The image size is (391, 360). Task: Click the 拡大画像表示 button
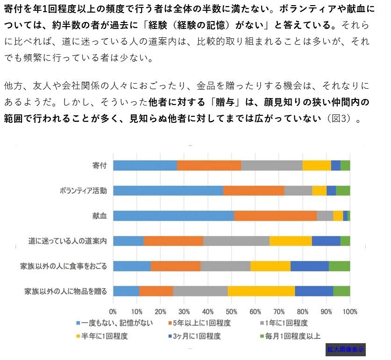pyautogui.click(x=345, y=349)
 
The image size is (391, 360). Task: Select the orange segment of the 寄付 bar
pyautogui.click(x=209, y=165)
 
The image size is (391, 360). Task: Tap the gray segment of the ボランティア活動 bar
pyautogui.click(x=298, y=191)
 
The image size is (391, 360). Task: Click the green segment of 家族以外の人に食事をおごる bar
pyautogui.click(x=339, y=266)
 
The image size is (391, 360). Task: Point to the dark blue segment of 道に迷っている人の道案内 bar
pyautogui.click(x=326, y=241)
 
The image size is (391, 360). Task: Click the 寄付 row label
pyautogui.click(x=100, y=165)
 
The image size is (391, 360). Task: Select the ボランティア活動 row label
pyautogui.click(x=83, y=191)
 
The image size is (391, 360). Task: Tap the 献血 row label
pyautogui.click(x=100, y=216)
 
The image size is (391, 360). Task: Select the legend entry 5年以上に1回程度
pyautogui.click(x=202, y=323)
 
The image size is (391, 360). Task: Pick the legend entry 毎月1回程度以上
pyautogui.click(x=292, y=336)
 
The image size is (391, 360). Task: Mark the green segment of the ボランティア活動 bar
pyautogui.click(x=343, y=191)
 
